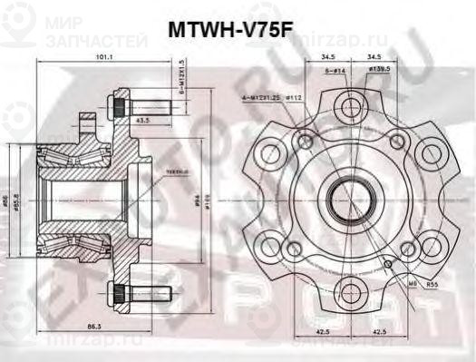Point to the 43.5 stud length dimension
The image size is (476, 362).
click(142, 120)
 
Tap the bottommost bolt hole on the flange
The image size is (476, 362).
click(346, 289)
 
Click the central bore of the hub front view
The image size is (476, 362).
click(346, 197)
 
